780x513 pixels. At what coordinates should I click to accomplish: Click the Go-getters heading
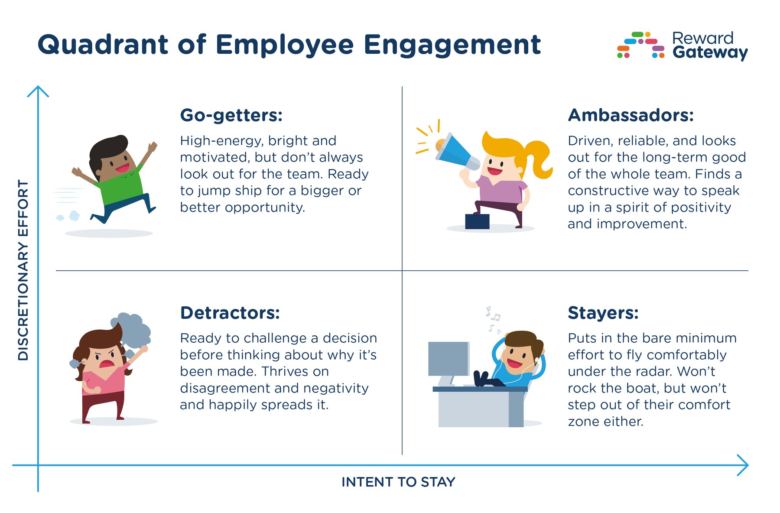click(231, 116)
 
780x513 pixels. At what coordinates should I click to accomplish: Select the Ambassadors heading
click(630, 115)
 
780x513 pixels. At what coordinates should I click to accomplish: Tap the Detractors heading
click(230, 313)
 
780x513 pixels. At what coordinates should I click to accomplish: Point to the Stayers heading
click(603, 313)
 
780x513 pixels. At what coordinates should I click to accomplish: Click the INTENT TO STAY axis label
click(398, 482)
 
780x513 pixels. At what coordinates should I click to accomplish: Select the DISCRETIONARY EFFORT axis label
click(23, 269)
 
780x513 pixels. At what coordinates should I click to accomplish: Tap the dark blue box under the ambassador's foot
click(477, 221)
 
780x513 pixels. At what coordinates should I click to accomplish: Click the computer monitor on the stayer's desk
click(448, 359)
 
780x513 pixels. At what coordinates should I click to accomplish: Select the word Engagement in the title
click(452, 45)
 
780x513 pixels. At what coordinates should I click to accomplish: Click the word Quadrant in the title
click(103, 45)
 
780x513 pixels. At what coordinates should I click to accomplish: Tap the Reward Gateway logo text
click(709, 45)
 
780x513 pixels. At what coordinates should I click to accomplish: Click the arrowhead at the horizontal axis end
click(744, 465)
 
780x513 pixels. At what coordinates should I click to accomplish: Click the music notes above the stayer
click(493, 318)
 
